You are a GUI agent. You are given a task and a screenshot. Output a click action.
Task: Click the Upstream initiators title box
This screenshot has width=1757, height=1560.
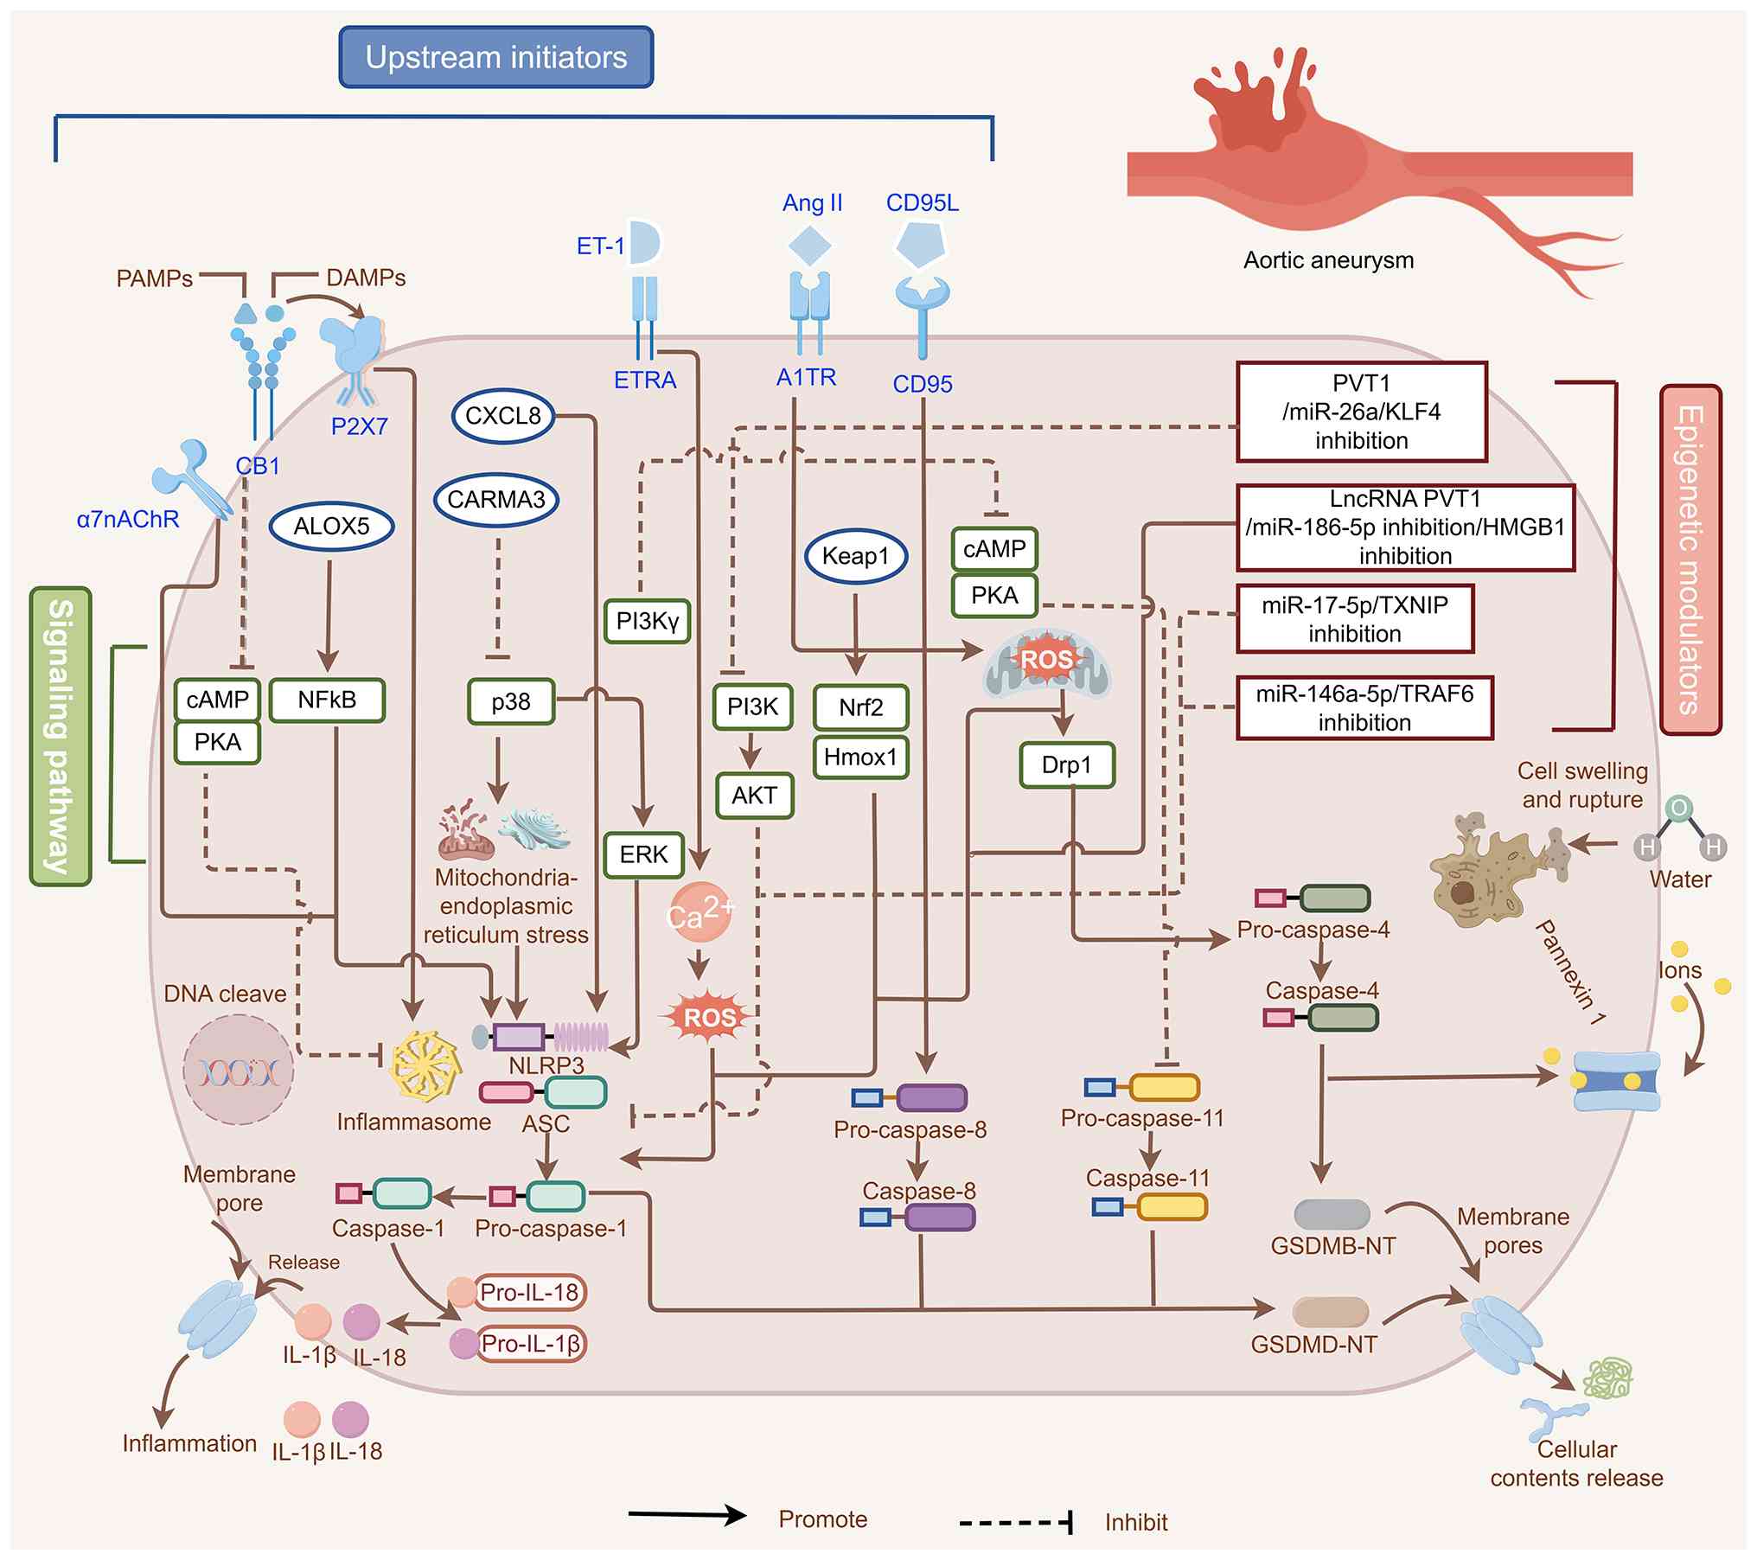point(495,57)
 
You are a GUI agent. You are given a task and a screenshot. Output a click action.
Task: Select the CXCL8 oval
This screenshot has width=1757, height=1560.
point(502,416)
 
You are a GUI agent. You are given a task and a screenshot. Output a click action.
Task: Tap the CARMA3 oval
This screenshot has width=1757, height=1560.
point(495,500)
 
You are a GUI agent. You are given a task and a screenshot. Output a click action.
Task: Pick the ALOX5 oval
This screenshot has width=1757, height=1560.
point(331,526)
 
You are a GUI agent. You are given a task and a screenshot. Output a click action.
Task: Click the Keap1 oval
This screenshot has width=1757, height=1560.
point(855,556)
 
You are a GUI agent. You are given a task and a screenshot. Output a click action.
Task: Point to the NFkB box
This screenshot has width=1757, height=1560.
point(327,700)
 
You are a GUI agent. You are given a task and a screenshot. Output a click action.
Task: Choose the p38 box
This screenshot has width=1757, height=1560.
point(510,701)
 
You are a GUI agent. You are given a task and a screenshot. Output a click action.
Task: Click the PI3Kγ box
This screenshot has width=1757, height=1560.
point(647,620)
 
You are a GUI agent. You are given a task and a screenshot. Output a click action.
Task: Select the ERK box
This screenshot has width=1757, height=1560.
point(643,854)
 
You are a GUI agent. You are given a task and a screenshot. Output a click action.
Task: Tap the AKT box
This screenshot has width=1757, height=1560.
point(754,796)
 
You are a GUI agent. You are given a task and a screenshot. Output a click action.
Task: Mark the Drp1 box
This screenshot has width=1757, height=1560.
point(1066,764)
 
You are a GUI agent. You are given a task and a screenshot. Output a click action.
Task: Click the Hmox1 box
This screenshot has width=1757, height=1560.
point(860,758)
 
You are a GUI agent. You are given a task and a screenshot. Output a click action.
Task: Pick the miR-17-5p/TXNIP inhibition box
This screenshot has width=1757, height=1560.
point(1354,619)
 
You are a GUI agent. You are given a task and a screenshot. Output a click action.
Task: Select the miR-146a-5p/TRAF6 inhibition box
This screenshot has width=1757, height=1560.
point(1364,708)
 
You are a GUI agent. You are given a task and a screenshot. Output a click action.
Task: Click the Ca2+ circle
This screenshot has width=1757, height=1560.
point(700,912)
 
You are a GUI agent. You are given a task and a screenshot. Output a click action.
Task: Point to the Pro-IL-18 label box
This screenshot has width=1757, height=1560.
point(529,1293)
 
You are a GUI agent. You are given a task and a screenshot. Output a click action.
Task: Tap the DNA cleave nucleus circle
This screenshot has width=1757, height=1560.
point(239,1071)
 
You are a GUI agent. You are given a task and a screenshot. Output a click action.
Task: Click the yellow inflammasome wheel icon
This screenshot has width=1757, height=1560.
point(425,1066)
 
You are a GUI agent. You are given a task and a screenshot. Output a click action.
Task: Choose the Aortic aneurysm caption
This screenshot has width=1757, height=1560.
point(1328,260)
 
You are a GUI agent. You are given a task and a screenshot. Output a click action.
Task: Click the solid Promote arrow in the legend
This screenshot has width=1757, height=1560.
point(687,1516)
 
